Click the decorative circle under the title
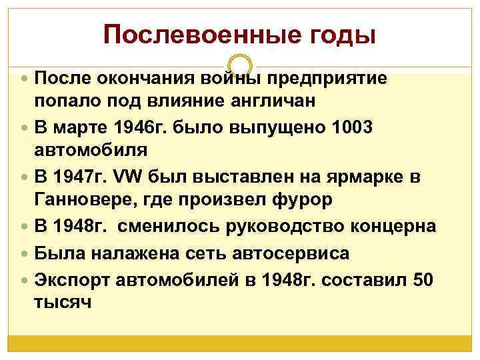pyautogui.click(x=240, y=65)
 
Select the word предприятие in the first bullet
pyautogui.click(x=327, y=78)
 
